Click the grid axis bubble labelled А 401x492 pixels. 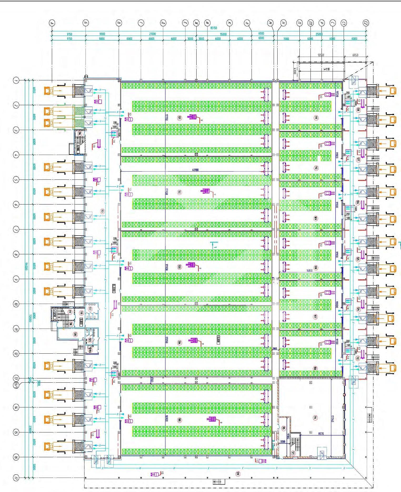pyautogui.click(x=52, y=23)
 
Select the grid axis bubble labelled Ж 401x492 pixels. pyautogui.click(x=196, y=23)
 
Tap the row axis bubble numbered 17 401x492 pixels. pyautogui.click(x=16, y=478)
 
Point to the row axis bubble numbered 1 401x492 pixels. pyautogui.click(x=16, y=80)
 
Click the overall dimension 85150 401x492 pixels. pyautogui.click(x=213, y=28)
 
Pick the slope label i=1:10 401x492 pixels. pyautogui.click(x=327, y=69)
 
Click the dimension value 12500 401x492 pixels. pyautogui.click(x=321, y=55)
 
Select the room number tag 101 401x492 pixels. pyautogui.click(x=179, y=118)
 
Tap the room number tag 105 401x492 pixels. pyautogui.click(x=179, y=420)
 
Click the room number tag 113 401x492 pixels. pyautogui.click(x=102, y=211)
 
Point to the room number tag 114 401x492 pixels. pyautogui.click(x=315, y=417)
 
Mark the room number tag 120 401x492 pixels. pyautogui.click(x=75, y=334)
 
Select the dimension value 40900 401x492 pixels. pyautogui.click(x=195, y=170)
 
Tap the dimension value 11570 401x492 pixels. pyautogui.click(x=321, y=433)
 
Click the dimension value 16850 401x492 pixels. pyautogui.click(x=309, y=271)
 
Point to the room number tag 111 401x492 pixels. pyautogui.click(x=316, y=118)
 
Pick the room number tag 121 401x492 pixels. pyautogui.click(x=293, y=453)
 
